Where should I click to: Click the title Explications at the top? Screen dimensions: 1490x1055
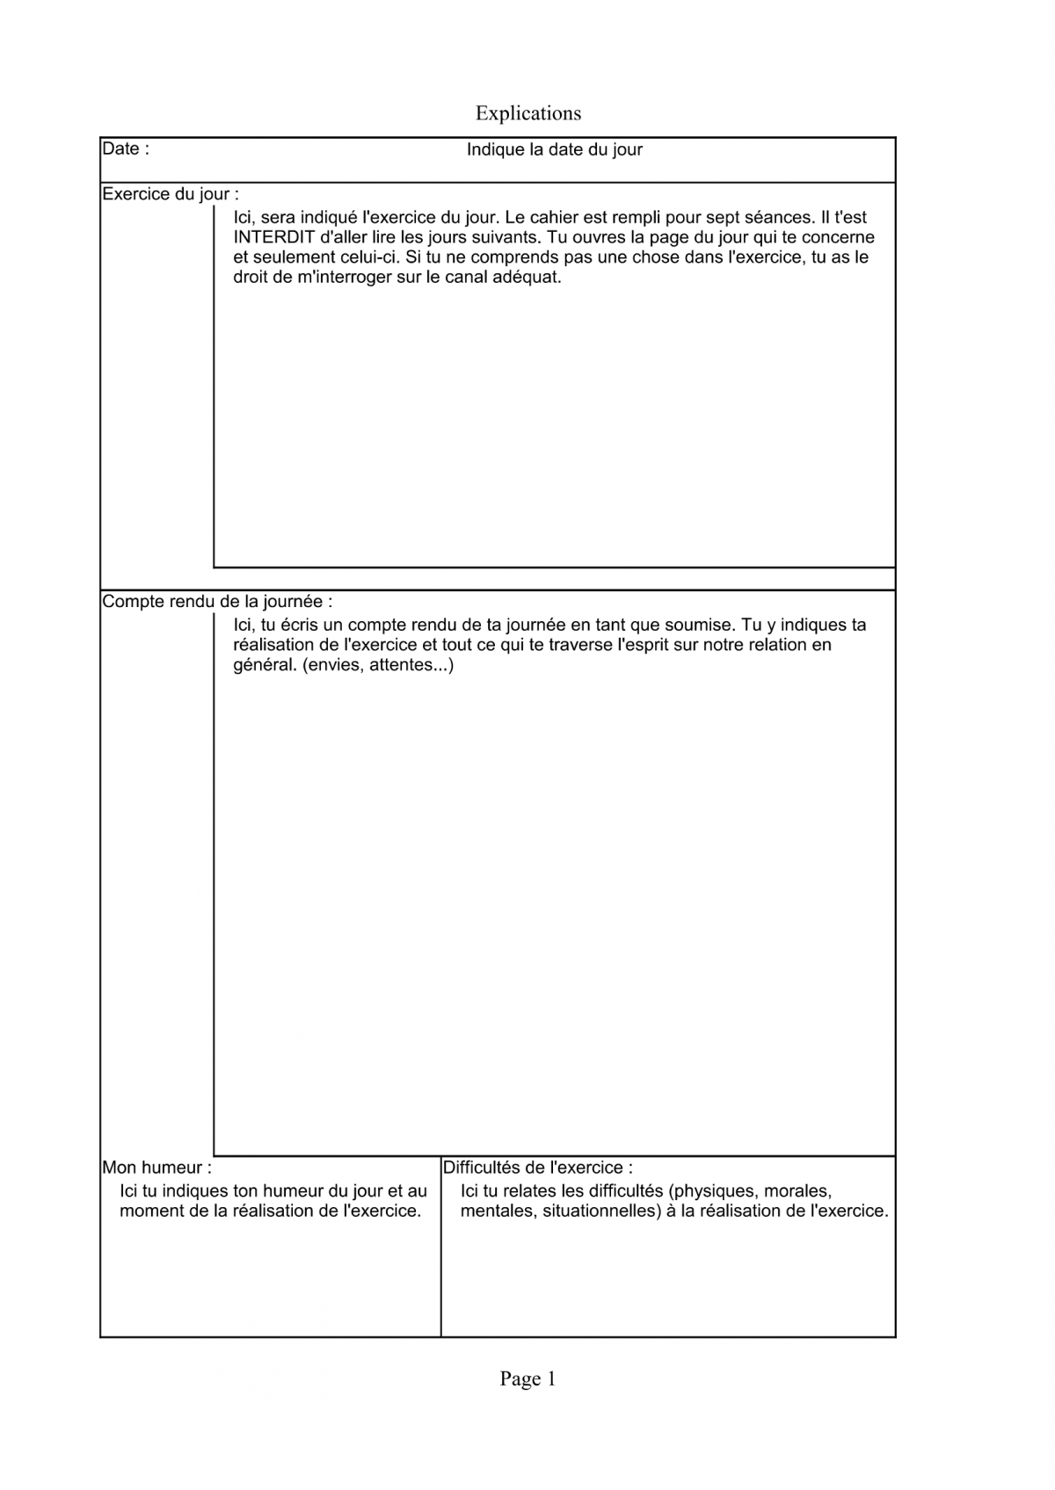pos(527,113)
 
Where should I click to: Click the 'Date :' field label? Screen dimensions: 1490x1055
pos(126,148)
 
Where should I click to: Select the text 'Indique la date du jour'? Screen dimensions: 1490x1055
pos(554,149)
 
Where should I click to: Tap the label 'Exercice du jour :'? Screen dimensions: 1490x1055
pos(171,194)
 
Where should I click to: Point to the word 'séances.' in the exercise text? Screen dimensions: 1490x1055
pos(777,217)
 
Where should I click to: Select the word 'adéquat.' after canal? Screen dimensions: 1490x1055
pos(529,278)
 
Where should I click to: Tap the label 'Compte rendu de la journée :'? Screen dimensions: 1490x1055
pos(217,602)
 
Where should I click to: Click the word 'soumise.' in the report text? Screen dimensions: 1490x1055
pos(704,625)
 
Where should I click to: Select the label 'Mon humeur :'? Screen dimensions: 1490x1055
pos(156,1168)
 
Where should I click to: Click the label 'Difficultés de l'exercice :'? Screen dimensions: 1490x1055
pos(537,1168)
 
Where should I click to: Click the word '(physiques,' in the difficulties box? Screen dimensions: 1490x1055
pos(713,1191)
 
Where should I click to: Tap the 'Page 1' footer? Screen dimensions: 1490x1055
pos(527,1378)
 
